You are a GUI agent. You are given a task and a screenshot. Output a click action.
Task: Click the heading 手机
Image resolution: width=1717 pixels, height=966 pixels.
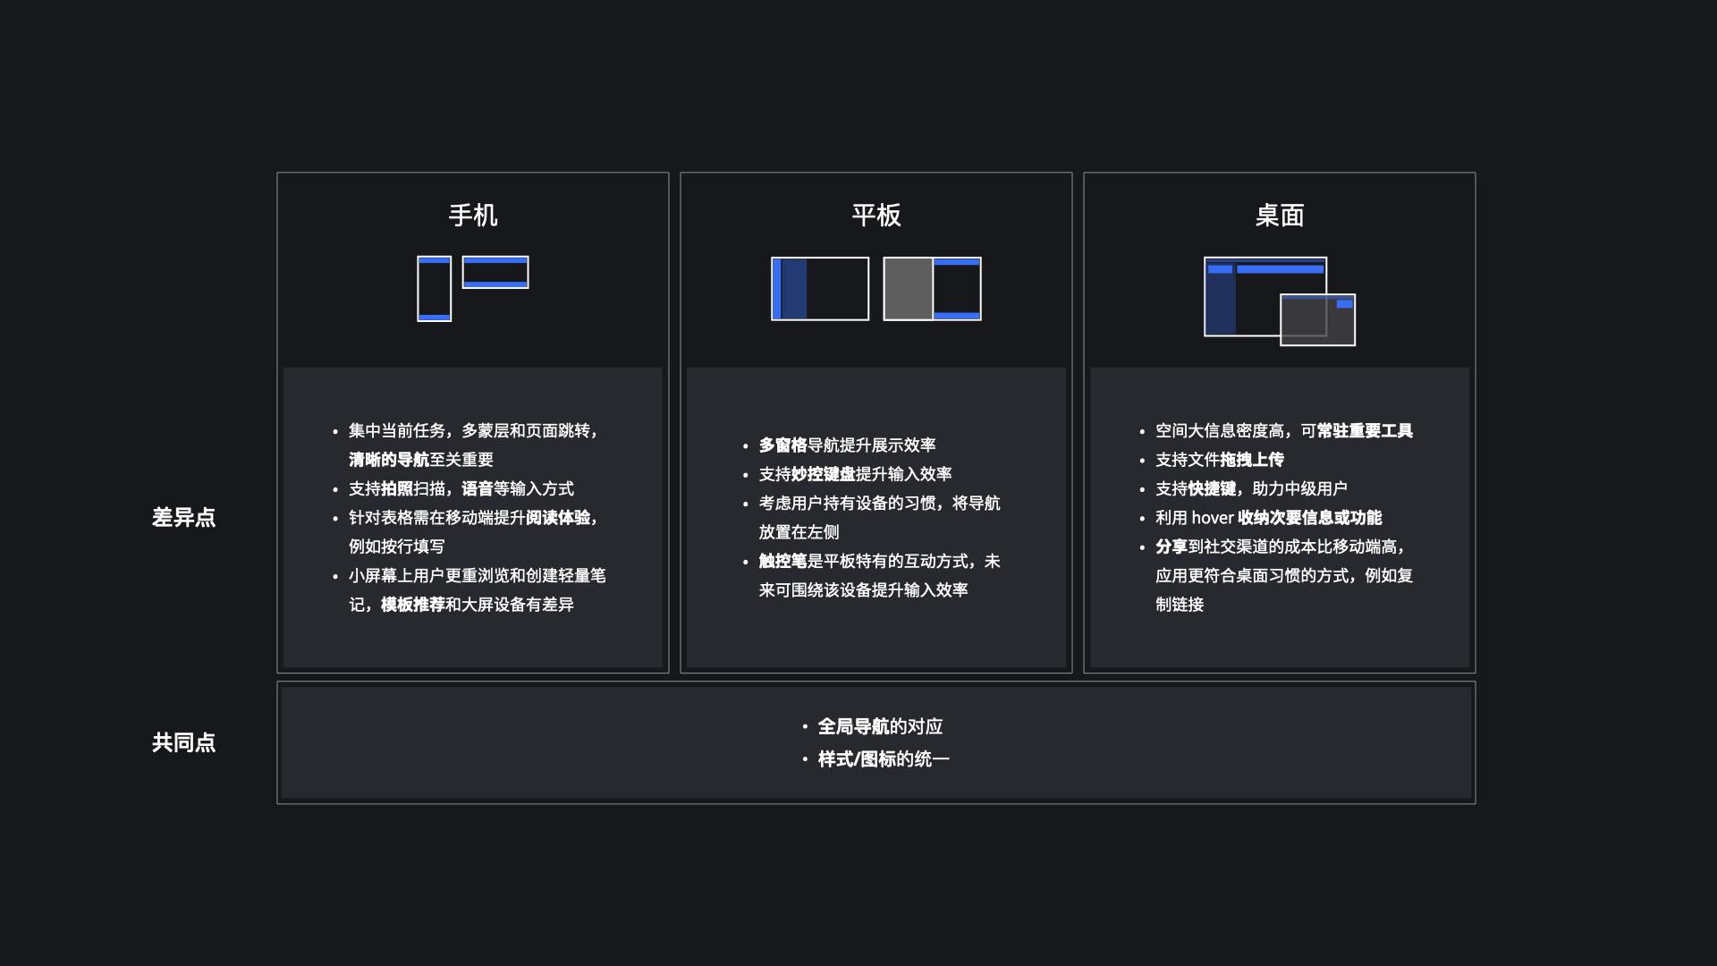pyautogui.click(x=472, y=216)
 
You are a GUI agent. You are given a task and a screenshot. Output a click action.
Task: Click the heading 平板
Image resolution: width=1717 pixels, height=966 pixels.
pyautogui.click(x=875, y=216)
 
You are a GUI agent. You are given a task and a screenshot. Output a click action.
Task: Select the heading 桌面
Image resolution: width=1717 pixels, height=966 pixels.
pyautogui.click(x=1279, y=216)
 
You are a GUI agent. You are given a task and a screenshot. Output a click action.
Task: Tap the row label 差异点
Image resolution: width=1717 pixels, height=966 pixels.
pyautogui.click(x=183, y=518)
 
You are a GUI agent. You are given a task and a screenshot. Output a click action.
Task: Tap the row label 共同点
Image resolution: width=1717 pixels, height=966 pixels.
pyautogui.click(x=183, y=742)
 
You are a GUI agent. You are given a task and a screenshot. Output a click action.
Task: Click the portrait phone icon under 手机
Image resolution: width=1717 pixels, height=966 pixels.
pyautogui.click(x=434, y=289)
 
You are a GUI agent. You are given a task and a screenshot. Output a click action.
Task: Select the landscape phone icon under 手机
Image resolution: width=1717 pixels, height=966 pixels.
pyautogui.click(x=495, y=273)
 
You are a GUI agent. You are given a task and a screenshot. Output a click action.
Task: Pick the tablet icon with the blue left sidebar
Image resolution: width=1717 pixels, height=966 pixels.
pyautogui.click(x=820, y=289)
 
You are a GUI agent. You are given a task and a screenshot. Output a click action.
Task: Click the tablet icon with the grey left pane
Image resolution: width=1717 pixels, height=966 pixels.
pyautogui.click(x=932, y=289)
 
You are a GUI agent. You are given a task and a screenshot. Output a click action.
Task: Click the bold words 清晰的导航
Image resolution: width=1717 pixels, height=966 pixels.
pyautogui.click(x=389, y=460)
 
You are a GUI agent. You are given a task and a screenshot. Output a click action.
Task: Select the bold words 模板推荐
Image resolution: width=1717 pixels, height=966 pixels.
pyautogui.click(x=413, y=605)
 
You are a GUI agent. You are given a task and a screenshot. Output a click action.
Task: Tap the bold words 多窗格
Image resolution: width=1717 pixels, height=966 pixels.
pyautogui.click(x=782, y=445)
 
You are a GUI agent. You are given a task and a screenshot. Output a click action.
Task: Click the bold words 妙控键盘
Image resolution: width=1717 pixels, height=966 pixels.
pyautogui.click(x=823, y=474)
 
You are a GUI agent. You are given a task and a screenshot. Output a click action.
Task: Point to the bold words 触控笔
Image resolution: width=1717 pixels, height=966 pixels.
pyautogui.click(x=782, y=562)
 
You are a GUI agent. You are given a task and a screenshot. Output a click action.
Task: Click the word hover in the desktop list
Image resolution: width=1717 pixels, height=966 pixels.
pyautogui.click(x=1212, y=518)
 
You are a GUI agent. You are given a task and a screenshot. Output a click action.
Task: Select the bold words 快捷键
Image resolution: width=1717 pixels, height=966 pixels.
pyautogui.click(x=1212, y=489)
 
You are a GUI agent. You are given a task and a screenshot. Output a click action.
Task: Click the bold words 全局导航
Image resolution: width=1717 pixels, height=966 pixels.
pyautogui.click(x=853, y=727)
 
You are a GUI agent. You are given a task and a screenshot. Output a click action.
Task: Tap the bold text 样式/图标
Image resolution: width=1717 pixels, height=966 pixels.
pyautogui.click(x=857, y=759)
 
